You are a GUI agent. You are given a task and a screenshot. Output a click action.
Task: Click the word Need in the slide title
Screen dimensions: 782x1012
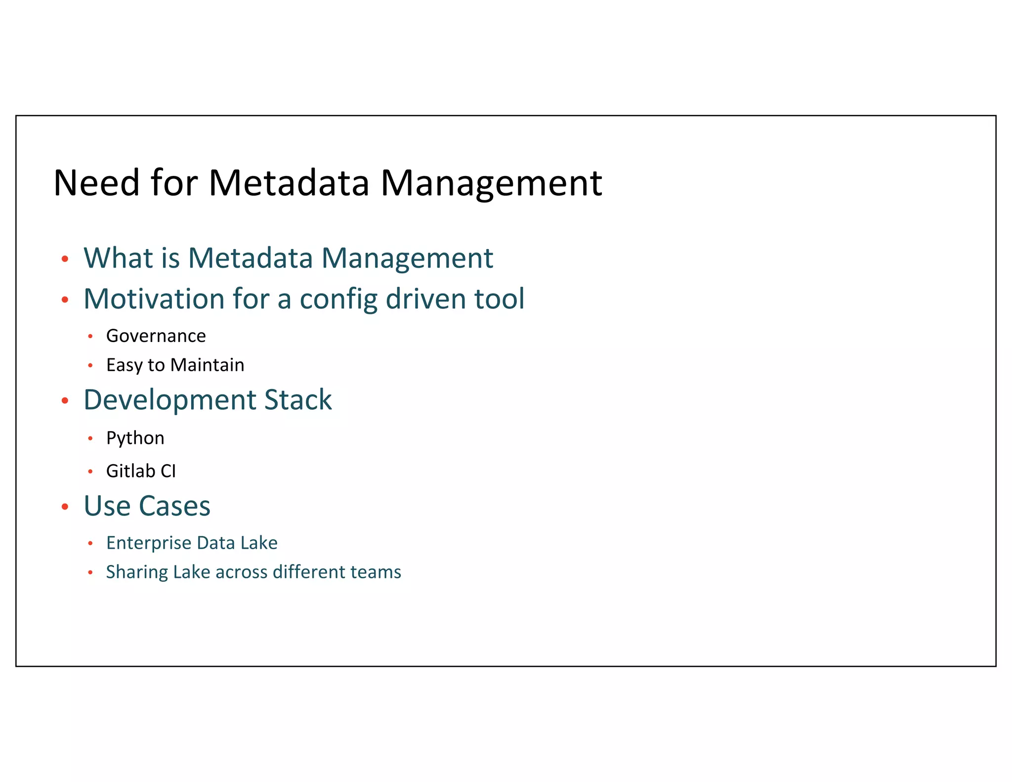[96, 183]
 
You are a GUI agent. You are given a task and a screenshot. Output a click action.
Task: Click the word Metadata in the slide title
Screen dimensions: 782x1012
[289, 183]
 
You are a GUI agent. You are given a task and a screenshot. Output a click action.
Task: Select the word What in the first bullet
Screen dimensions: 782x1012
[118, 258]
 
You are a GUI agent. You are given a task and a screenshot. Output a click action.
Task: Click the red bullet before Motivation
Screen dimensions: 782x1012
[65, 300]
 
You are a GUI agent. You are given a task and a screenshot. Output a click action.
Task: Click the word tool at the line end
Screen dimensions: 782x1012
[499, 299]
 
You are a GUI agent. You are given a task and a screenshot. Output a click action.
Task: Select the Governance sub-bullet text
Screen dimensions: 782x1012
[156, 336]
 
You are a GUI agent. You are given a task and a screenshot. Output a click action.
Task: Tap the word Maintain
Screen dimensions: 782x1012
[207, 365]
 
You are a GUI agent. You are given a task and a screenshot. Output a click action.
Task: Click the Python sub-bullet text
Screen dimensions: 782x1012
[135, 438]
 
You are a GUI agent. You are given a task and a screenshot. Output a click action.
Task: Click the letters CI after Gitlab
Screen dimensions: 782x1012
[168, 471]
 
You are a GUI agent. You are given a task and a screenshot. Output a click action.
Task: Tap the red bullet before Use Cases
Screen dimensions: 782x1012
[65, 507]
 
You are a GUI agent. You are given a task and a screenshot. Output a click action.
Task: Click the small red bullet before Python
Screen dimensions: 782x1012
[90, 438]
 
